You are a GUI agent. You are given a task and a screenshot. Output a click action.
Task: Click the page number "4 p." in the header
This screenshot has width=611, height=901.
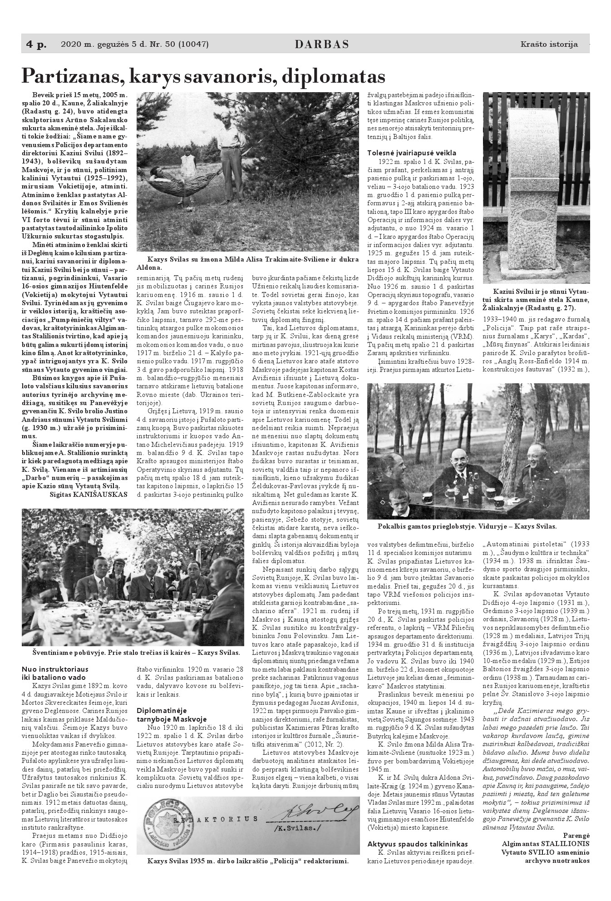[36, 45]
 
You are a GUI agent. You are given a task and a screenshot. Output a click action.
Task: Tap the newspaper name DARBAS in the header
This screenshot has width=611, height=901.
[322, 45]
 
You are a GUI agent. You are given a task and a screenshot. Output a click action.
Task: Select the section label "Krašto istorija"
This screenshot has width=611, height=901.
[549, 45]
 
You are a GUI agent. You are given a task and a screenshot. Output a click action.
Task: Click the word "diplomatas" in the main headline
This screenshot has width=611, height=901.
[334, 76]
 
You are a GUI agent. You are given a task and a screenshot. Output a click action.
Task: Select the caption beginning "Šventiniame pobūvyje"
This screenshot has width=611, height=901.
[136, 652]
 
